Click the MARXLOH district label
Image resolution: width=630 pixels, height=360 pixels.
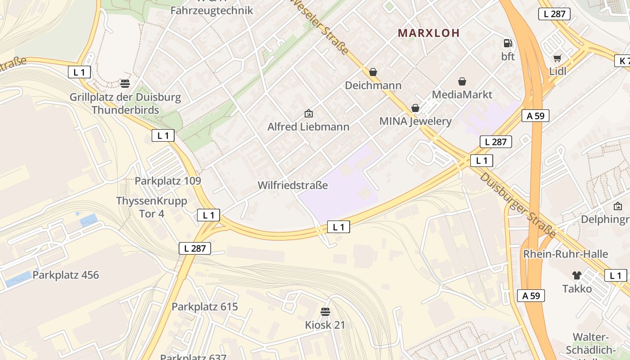[x=429, y=33]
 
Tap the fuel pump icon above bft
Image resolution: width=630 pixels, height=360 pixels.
[x=508, y=43]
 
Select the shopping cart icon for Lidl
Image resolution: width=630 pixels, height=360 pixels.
[x=558, y=58]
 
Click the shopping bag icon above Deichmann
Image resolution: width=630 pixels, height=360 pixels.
[x=373, y=72]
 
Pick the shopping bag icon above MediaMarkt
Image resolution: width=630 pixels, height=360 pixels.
[x=462, y=81]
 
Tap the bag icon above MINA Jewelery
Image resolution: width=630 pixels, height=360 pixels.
[x=415, y=108]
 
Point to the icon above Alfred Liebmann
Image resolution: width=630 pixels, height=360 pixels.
[x=308, y=113]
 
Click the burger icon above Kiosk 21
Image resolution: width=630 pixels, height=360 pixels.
[x=325, y=311]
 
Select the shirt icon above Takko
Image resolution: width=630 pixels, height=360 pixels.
[x=576, y=275]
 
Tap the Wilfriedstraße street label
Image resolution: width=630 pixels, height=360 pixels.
[x=292, y=185]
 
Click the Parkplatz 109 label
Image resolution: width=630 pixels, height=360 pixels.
[x=168, y=181]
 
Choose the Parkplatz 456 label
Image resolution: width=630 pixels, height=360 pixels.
[x=66, y=275]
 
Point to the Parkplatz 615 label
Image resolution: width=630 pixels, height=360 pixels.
[x=205, y=307]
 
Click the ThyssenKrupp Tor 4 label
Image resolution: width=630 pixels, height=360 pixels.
[x=152, y=207]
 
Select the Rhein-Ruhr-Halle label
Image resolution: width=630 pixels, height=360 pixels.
[x=565, y=254]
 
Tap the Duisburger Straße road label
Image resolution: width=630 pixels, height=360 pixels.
[x=518, y=205]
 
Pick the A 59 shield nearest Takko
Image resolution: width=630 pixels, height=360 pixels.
[x=531, y=296]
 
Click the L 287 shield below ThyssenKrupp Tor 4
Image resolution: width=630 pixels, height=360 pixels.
[x=195, y=248]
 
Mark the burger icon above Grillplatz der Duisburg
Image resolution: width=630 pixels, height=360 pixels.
[x=125, y=83]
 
